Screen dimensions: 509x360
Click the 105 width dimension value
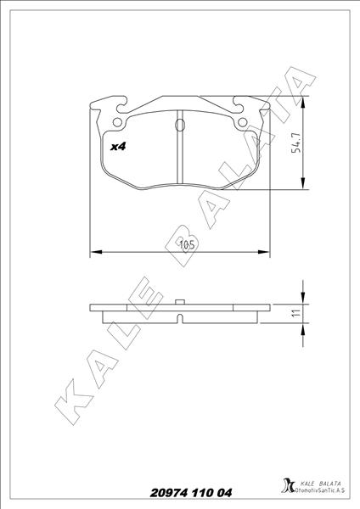188,245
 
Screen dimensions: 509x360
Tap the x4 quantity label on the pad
119,146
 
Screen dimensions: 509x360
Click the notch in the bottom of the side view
180,320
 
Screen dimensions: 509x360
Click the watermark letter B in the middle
188,240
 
